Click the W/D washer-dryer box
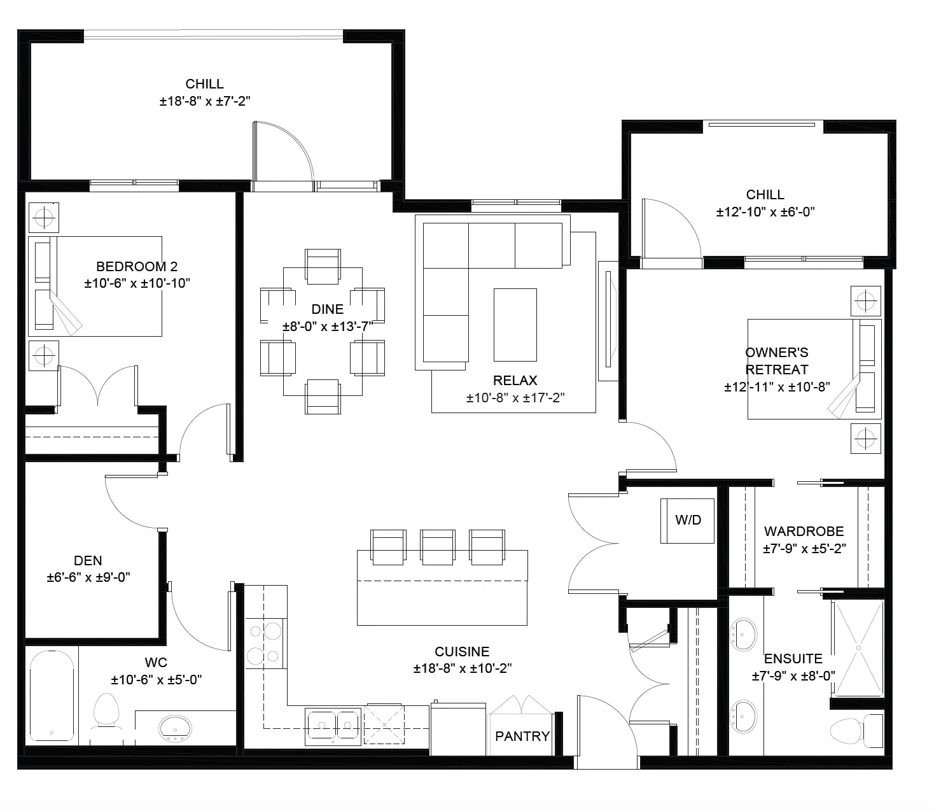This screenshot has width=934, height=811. pos(687,521)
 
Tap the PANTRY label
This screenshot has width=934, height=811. pos(522,736)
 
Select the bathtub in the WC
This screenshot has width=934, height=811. pos(52,696)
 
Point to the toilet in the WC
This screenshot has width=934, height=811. pos(106,712)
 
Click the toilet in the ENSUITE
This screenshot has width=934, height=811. pos(856,731)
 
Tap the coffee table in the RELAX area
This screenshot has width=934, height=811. pos(515,325)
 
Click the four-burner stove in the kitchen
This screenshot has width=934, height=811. pos(264,644)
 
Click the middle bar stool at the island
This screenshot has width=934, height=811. pos(437,547)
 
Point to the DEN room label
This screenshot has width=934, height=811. pos(88,560)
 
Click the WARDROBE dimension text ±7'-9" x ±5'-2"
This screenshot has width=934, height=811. pos(804,549)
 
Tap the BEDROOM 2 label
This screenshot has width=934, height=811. pos(137,266)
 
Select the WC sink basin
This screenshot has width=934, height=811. pos(175,728)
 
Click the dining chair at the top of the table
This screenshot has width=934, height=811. pos(323,266)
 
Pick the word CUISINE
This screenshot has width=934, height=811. pos(462,652)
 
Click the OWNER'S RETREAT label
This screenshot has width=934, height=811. pos(776,361)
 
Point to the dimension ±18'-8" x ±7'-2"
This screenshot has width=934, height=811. pos(204,101)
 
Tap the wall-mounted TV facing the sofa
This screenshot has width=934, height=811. pos(608,319)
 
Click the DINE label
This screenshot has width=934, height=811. pos(327,309)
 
